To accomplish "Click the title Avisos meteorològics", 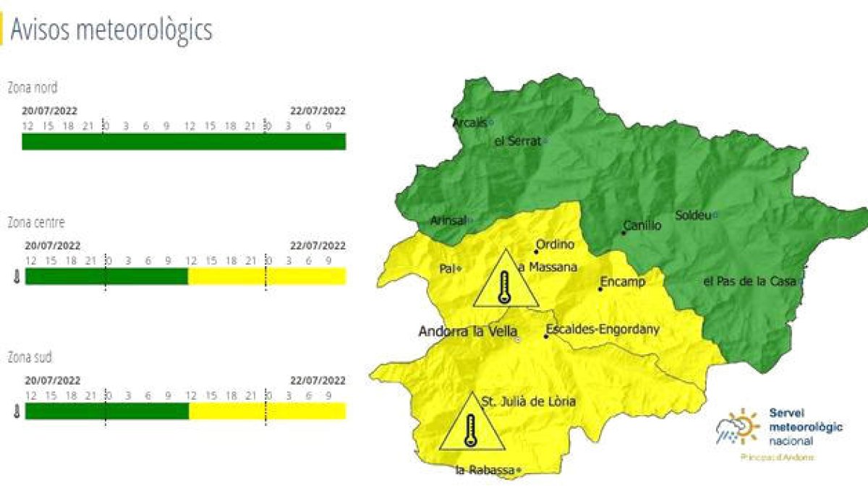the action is point(111,30).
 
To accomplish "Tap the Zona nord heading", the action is point(33,88).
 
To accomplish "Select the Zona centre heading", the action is point(35,222).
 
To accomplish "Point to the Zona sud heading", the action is point(30,357).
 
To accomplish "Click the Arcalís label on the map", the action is point(470,123).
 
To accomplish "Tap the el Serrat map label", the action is point(517,141).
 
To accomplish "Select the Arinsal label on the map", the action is point(448,220).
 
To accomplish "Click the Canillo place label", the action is point(642,226).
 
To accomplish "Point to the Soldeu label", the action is point(693,215).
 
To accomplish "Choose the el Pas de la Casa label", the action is point(749,281).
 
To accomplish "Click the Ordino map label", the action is point(554,244).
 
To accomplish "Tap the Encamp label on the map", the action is point(622,282).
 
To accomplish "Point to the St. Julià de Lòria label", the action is point(529,401).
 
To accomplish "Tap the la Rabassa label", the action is point(485,471).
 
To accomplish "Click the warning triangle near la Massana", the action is point(506,281).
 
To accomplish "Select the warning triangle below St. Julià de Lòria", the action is point(472,424).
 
